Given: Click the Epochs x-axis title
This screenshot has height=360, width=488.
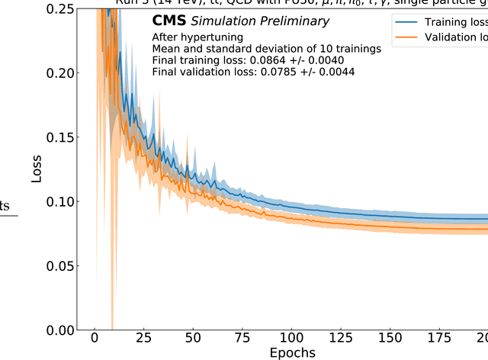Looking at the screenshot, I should [x=291, y=353].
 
